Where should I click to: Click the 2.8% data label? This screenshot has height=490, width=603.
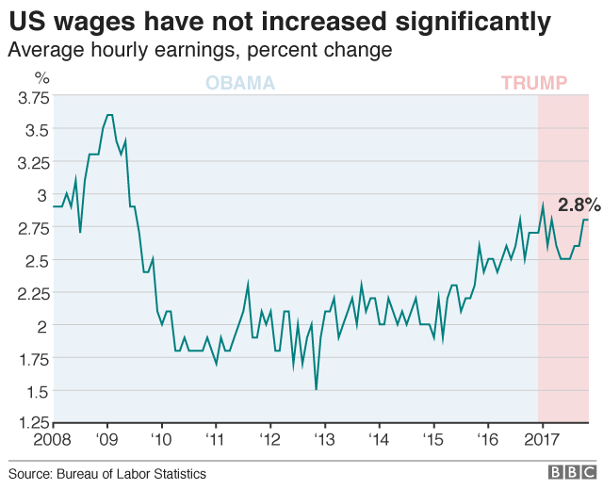[579, 204]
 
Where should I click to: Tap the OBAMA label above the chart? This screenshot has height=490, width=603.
[240, 83]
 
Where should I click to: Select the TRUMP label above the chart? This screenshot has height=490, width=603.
[534, 83]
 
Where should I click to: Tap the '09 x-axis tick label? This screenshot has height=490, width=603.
[106, 440]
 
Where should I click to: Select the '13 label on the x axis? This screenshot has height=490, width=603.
[324, 440]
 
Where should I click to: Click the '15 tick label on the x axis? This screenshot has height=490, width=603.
[433, 440]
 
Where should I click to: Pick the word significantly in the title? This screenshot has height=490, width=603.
[476, 21]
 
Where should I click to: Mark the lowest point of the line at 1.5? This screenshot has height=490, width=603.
[316, 389]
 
